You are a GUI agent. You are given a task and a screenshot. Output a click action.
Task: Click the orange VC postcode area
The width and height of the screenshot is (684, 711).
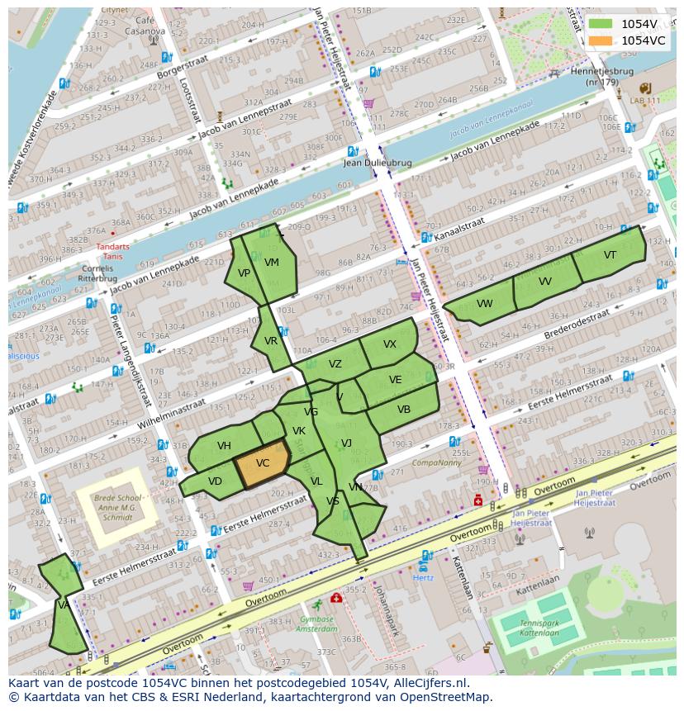[x=263, y=463]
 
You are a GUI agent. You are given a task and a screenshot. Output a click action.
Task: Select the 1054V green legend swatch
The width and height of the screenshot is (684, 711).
[x=601, y=24]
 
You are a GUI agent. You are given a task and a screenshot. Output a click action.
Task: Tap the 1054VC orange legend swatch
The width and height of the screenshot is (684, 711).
[x=601, y=40]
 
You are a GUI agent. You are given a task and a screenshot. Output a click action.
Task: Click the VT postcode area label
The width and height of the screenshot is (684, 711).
[x=610, y=255]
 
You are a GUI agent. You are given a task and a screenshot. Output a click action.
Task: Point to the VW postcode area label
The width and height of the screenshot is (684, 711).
[x=484, y=304]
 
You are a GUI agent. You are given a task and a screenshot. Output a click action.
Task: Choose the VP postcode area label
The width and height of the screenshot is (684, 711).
[x=244, y=273]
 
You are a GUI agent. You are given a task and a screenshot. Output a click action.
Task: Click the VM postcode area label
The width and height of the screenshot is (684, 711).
[x=272, y=263]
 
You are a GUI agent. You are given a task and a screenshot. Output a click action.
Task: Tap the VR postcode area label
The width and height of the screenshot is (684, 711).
[x=271, y=341]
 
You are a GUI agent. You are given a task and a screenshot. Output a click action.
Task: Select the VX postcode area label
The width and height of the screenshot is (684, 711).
[x=390, y=344]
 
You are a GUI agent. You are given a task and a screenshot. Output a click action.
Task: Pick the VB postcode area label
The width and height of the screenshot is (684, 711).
[x=403, y=410]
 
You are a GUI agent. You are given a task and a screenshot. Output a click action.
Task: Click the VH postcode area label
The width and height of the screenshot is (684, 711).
[x=224, y=446]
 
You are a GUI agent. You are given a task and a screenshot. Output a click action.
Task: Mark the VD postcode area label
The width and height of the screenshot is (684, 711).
[x=215, y=481]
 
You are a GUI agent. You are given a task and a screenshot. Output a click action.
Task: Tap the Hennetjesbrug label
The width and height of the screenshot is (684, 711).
[x=601, y=77]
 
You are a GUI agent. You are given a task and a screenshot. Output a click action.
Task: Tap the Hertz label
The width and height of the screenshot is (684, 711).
[x=422, y=578]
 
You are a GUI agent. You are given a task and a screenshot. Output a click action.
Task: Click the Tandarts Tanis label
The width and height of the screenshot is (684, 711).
[x=112, y=250]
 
